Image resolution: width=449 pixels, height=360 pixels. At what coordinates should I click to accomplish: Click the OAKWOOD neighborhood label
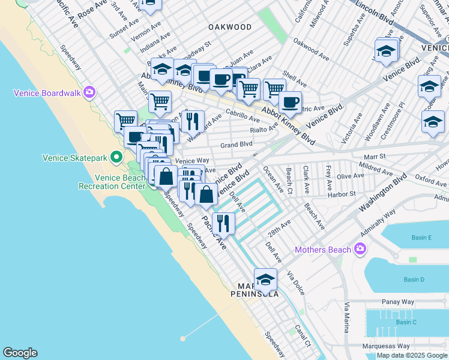229,27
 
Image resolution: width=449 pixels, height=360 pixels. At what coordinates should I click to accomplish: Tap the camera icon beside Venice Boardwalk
89,92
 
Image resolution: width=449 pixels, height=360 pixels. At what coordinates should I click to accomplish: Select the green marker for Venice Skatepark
114,158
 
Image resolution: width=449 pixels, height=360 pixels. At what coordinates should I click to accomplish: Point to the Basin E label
422,238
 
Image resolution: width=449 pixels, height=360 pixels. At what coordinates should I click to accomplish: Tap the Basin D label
414,280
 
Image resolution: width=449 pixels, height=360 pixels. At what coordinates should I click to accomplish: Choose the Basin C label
406,322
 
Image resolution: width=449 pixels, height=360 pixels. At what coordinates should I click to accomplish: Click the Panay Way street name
395,302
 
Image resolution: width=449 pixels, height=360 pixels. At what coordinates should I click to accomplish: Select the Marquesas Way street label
386,346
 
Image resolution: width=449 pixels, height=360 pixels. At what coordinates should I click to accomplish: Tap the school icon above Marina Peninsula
265,280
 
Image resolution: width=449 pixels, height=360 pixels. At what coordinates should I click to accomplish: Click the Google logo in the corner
20,353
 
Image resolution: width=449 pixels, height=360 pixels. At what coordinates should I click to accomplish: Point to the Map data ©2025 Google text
412,355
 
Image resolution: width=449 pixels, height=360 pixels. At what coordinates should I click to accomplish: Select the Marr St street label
373,156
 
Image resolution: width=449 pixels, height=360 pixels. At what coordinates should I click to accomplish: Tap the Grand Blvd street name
236,145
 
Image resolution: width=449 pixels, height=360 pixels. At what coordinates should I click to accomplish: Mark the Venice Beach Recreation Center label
120,182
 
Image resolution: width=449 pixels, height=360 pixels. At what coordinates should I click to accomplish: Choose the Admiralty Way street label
379,218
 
